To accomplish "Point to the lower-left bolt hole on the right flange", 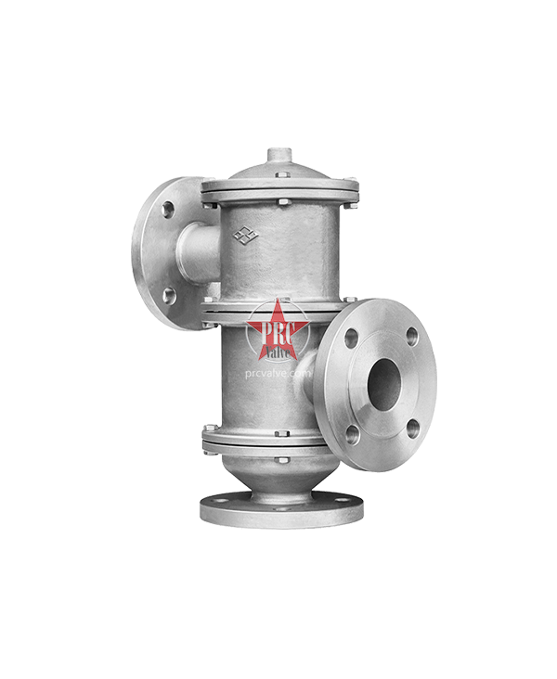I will (x=354, y=430).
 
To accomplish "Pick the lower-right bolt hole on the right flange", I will (x=411, y=428).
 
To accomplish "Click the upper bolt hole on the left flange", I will (x=168, y=210).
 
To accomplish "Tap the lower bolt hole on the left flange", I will (x=168, y=295).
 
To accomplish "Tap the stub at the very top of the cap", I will (x=278, y=152).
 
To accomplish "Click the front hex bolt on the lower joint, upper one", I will (x=279, y=429).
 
